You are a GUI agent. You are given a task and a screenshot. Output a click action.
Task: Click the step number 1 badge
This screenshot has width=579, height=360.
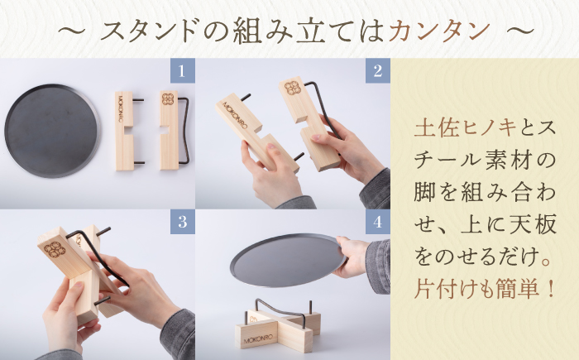[x=181, y=70]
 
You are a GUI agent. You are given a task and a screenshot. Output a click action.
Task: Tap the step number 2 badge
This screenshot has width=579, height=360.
[x=377, y=70]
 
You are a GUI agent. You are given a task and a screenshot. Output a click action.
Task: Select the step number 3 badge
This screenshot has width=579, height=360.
[x=181, y=222]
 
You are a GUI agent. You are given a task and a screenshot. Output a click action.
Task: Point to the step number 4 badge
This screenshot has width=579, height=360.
[x=377, y=222]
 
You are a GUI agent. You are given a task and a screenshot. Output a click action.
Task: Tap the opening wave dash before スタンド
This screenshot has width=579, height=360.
[x=70, y=31]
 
